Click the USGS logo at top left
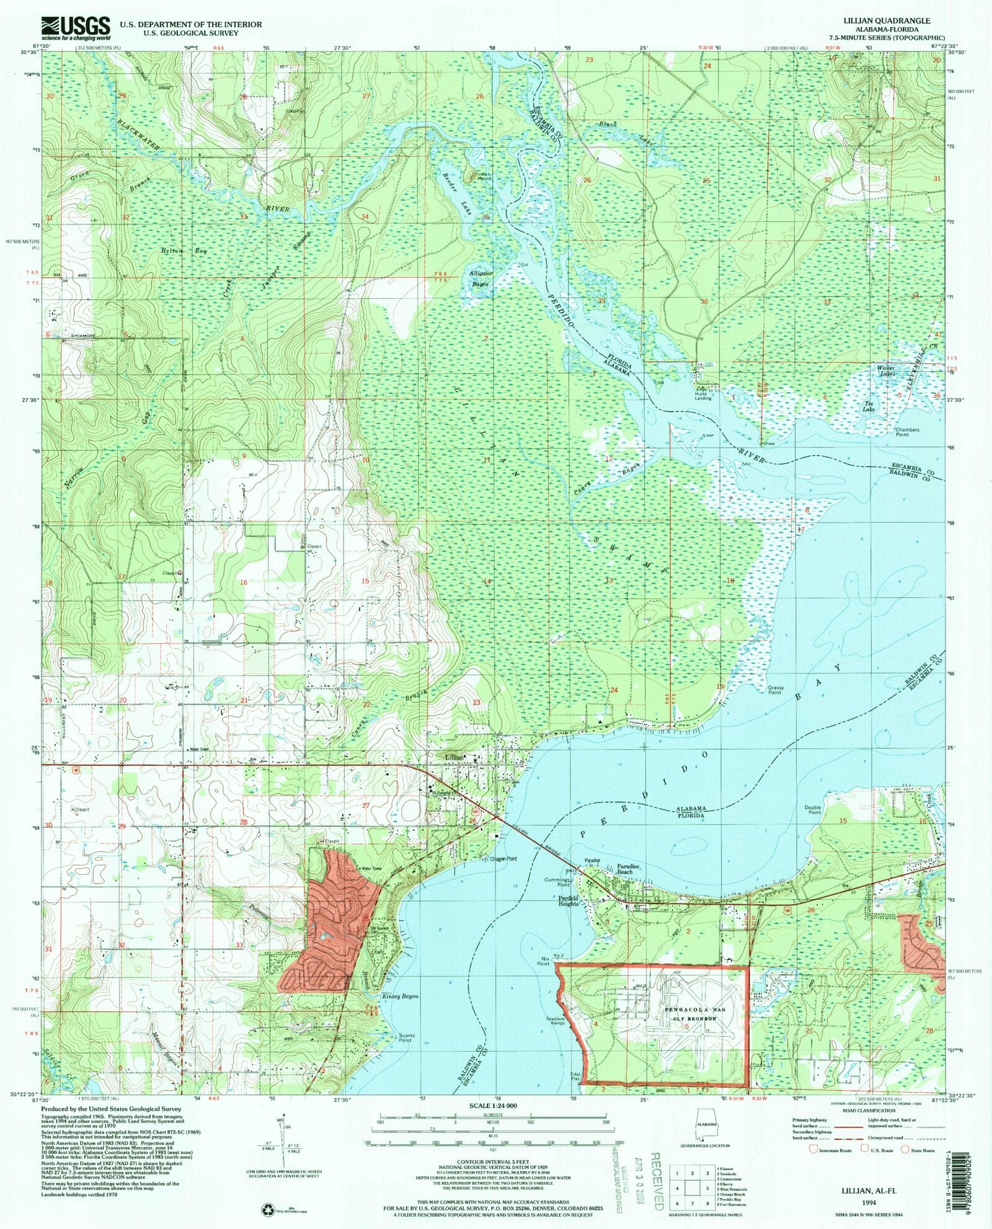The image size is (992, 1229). (74, 26)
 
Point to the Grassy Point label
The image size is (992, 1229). (776, 690)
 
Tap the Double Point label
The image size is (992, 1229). (812, 810)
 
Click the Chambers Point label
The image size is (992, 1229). (906, 432)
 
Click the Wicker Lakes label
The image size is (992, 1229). (885, 371)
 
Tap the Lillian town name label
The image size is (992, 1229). (455, 757)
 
